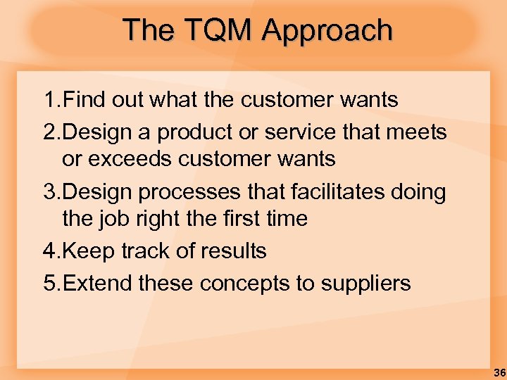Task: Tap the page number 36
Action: (x=499, y=372)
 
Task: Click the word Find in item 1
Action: (x=85, y=101)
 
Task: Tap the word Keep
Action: (x=87, y=251)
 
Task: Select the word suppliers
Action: (x=365, y=284)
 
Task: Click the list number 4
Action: (x=49, y=251)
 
